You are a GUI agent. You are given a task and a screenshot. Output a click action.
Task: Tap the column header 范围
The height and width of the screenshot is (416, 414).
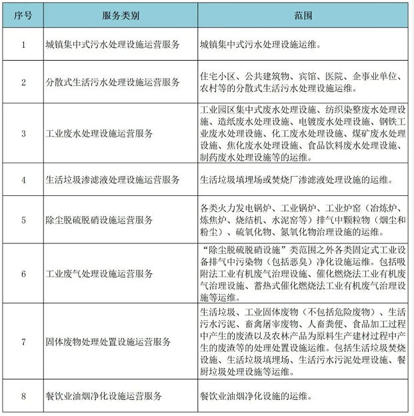(x=303, y=14)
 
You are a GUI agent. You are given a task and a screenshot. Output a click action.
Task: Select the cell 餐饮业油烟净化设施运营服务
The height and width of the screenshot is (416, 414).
(x=108, y=396)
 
